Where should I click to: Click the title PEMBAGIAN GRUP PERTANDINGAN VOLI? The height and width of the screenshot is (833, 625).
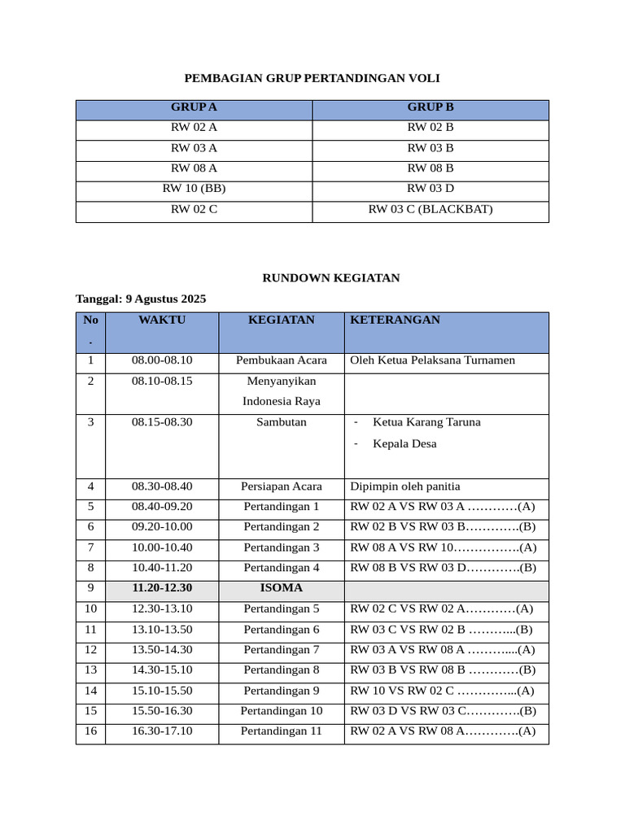312,78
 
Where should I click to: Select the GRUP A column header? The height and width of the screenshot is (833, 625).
194,107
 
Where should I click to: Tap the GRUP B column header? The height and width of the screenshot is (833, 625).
430,107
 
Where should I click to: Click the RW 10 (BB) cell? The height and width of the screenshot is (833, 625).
194,189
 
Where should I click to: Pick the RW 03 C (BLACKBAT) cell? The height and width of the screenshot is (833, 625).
430,209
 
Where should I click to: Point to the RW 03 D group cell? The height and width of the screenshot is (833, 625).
430,189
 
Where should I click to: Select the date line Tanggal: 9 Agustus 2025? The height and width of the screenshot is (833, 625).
141,299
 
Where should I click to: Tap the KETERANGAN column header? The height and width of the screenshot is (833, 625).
395,321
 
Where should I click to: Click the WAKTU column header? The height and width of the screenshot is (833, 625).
162,321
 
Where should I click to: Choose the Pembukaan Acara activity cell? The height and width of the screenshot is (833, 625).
281,360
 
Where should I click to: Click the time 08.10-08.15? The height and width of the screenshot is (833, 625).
162,381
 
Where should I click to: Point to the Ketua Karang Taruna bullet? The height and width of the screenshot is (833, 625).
426,422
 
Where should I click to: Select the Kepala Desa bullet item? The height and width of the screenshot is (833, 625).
404,444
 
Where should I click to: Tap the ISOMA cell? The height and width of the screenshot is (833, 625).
281,588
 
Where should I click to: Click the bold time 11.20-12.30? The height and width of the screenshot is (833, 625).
162,588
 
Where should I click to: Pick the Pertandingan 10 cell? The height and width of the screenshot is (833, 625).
281,711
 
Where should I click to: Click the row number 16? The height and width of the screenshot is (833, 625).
90,731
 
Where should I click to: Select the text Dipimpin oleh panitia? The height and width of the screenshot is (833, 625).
404,486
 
